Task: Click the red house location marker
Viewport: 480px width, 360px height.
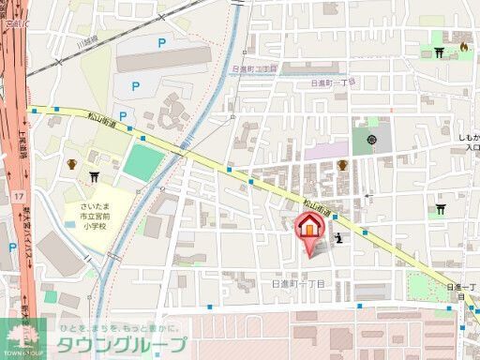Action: tap(312, 230)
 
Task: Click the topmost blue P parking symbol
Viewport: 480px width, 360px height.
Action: tap(161, 42)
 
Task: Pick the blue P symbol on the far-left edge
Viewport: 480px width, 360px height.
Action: tap(12, 247)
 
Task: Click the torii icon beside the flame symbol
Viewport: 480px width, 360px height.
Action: tap(442, 51)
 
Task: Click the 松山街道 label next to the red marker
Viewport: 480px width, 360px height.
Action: tap(318, 203)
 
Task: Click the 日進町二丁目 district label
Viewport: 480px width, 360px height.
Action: tap(255, 68)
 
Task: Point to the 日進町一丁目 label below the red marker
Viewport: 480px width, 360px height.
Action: tap(297, 282)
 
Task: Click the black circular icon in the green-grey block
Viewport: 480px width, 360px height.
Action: tap(372, 140)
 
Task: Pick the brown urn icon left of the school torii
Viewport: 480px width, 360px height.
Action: tap(71, 165)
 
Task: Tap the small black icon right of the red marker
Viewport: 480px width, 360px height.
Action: tap(338, 239)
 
